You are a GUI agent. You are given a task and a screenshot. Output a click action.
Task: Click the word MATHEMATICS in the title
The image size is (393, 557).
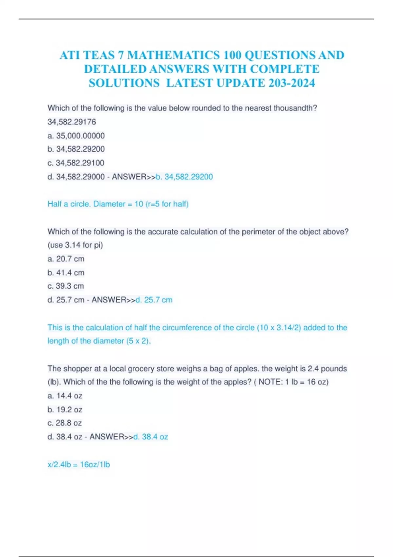click(x=173, y=55)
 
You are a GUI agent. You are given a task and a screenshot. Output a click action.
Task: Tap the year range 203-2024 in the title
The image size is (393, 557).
click(x=291, y=83)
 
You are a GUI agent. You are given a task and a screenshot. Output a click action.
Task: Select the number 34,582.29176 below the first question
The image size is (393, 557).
click(x=72, y=122)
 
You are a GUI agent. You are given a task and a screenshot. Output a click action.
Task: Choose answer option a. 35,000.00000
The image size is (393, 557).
click(x=76, y=136)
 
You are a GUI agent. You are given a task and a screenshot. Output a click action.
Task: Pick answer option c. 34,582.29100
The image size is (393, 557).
click(x=76, y=163)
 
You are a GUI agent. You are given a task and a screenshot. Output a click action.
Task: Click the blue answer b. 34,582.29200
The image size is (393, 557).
click(x=184, y=177)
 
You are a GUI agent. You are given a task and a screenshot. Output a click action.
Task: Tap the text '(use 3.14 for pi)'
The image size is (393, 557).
click(x=75, y=245)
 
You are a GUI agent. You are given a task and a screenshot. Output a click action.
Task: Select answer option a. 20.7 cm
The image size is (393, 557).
click(x=66, y=259)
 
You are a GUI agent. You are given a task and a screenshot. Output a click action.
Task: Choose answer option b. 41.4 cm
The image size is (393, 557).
click(x=66, y=273)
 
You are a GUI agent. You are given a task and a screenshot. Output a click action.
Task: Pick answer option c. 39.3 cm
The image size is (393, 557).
click(x=65, y=286)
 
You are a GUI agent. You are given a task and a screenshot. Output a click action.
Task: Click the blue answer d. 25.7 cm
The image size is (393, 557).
click(x=154, y=300)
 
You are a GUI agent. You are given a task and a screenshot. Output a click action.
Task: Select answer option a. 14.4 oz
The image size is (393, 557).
click(x=65, y=396)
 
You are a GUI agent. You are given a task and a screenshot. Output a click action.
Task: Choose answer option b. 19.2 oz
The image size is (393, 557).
click(x=65, y=410)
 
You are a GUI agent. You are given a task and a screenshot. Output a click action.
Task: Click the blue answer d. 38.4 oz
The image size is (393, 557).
click(x=151, y=437)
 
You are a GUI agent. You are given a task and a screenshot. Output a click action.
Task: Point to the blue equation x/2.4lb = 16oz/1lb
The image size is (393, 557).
click(x=79, y=465)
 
